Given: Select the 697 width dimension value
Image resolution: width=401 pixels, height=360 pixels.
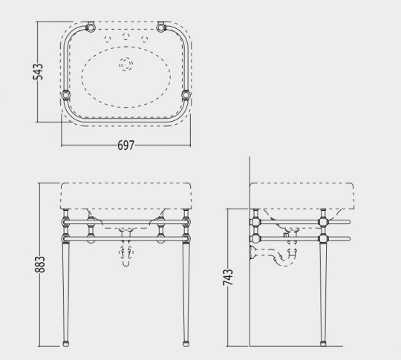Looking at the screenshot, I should coord(125,146).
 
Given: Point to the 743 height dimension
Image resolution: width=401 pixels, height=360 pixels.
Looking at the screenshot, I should coord(228,279).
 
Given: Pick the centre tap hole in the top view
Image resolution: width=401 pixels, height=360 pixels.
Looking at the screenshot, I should coord(125,38).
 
